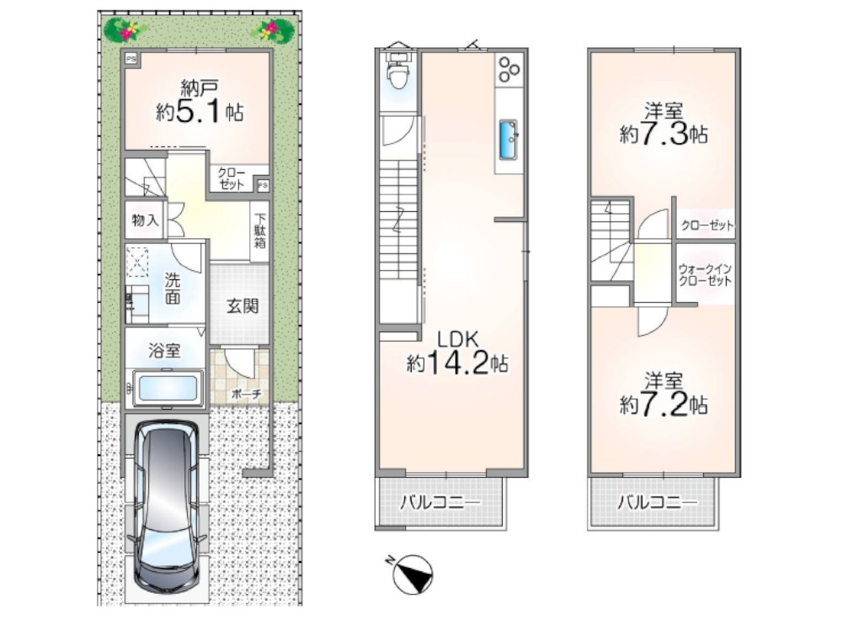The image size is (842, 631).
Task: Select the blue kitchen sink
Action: tap(508, 140)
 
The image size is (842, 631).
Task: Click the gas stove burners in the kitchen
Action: tap(509, 69)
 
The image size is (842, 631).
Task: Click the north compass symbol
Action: tap(412, 574)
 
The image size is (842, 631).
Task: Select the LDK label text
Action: tap(457, 340)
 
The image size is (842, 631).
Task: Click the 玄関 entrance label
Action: tap(242, 306)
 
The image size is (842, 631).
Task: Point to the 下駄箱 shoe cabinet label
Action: tap(260, 231)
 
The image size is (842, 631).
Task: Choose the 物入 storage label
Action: tap(146, 220)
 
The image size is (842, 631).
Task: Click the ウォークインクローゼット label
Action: tap(705, 275)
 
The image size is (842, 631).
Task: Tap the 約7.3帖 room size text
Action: tap(663, 134)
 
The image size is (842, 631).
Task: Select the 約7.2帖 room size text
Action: tap(663, 405)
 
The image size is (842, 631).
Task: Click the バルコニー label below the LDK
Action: tap(440, 503)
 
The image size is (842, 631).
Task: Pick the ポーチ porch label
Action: tap(247, 395)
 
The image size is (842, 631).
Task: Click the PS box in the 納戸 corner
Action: tap(131, 59)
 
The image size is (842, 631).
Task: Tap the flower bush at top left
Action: tap(125, 29)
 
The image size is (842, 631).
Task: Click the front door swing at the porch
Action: tap(240, 363)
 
